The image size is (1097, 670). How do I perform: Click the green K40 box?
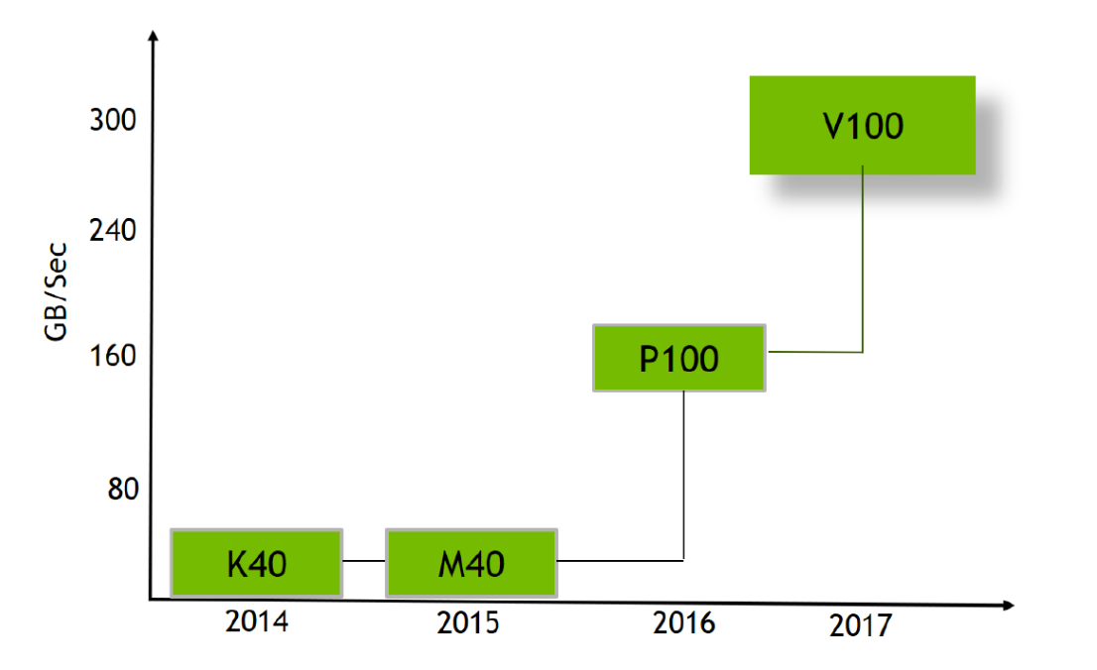click(x=256, y=563)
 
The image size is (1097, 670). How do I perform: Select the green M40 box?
click(x=471, y=563)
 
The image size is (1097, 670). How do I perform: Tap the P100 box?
click(x=679, y=358)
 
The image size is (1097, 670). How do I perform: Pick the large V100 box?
click(x=862, y=125)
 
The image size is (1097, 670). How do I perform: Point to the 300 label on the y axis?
click(x=112, y=122)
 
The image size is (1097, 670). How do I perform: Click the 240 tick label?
click(x=112, y=232)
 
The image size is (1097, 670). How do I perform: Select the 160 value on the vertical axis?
click(x=112, y=356)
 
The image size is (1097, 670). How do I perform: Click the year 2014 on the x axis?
click(x=256, y=623)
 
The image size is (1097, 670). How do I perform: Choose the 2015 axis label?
click(x=468, y=624)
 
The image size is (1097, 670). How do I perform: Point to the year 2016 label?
click(x=683, y=623)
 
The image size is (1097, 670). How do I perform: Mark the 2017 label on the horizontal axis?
click(x=861, y=626)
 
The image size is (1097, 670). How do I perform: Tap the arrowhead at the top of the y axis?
click(x=153, y=38)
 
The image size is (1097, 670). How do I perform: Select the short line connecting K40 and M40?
click(x=364, y=562)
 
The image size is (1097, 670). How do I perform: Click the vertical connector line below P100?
click(x=684, y=476)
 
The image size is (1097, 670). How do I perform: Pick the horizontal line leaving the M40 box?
click(x=620, y=561)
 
